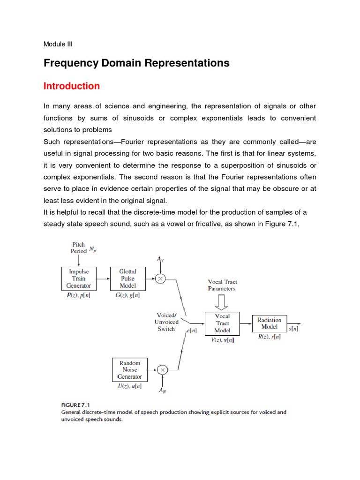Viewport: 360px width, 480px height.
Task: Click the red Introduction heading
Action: tap(72, 86)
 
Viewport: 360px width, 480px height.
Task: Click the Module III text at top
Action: tap(58, 45)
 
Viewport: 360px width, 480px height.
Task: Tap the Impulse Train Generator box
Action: tap(79, 278)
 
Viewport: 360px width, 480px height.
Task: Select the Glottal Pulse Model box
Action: tap(128, 278)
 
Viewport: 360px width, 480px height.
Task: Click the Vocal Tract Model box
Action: tap(223, 323)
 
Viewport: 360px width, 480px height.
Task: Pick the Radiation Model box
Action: tap(269, 323)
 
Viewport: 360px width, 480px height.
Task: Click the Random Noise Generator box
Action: tap(129, 370)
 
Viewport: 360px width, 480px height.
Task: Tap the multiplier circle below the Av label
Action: tap(161, 278)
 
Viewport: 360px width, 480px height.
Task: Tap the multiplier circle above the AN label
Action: tap(162, 370)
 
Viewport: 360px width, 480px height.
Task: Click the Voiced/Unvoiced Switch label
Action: tap(166, 322)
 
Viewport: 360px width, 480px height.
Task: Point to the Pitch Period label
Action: tap(79, 247)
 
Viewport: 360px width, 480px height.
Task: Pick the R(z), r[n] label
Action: tap(269, 337)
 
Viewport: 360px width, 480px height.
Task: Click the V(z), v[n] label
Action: tap(222, 340)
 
